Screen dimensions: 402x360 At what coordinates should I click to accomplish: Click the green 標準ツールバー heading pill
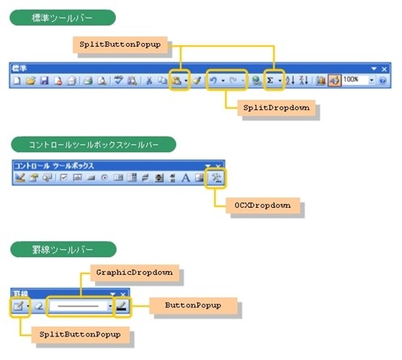pos(62,18)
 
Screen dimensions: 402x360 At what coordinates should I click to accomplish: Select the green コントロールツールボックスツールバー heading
pos(94,145)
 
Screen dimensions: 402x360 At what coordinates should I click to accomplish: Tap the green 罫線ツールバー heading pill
pos(63,249)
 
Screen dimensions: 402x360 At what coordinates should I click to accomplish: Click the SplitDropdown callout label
pos(277,108)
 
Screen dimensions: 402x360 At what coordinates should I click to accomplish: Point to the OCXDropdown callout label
pos(263,205)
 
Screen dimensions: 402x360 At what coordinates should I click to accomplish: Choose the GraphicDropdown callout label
pos(134,273)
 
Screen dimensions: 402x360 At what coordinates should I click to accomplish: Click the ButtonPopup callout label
pos(193,306)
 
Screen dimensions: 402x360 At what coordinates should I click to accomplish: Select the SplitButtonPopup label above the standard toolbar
pos(120,44)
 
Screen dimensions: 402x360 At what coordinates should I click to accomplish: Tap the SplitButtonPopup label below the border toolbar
pos(80,335)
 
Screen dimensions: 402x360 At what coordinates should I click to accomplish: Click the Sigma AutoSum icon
pos(270,80)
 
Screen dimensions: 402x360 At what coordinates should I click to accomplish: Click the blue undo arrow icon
pos(214,80)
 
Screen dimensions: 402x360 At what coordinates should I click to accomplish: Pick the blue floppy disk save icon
pos(44,80)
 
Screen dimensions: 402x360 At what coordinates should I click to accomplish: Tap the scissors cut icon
pos(149,80)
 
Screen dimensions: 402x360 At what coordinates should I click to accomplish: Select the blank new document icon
pos(17,80)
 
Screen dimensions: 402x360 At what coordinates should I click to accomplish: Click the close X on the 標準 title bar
pos(384,69)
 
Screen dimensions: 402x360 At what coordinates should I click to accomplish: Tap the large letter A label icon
pos(185,178)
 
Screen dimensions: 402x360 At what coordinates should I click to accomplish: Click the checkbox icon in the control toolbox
pos(64,177)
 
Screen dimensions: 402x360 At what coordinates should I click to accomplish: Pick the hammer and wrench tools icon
pos(216,177)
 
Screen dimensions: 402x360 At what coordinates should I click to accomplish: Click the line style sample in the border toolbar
pos(78,306)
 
